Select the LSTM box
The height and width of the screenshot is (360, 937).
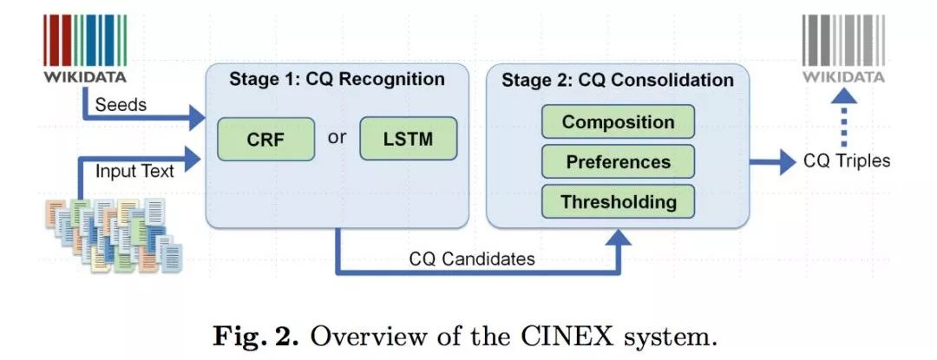click(408, 140)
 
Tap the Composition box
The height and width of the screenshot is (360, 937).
click(618, 122)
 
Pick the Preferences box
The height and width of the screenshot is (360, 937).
click(618, 162)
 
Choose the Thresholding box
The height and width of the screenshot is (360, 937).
click(618, 202)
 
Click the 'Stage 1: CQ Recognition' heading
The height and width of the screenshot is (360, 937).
click(337, 80)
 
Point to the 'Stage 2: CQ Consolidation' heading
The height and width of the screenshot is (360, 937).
click(618, 81)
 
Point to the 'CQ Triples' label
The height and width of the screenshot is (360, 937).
click(845, 160)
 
